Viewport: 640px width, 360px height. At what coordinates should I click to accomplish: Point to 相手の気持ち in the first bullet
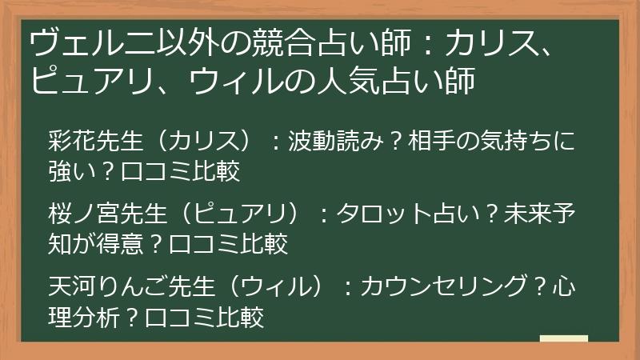pos(480,141)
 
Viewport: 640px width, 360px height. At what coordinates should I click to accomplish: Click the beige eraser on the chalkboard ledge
pos(563,338)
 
